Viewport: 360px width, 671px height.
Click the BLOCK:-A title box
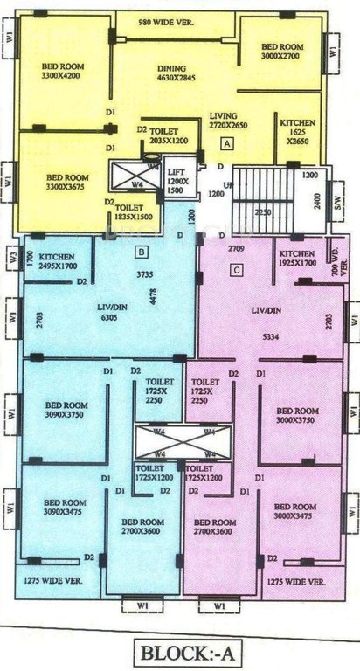(x=180, y=650)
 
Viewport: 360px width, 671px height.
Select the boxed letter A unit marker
(x=226, y=142)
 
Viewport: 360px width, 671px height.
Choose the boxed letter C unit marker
(x=236, y=270)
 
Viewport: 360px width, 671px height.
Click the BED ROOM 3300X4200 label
(x=63, y=70)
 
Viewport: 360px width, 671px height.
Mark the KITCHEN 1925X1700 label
(x=294, y=258)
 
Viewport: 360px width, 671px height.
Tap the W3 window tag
(x=11, y=258)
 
